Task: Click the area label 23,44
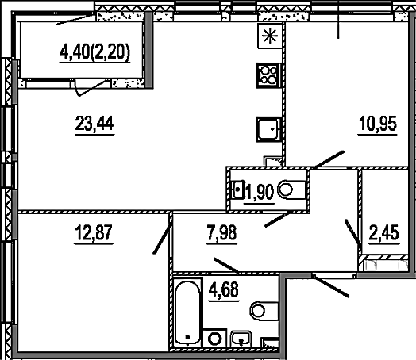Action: pyautogui.click(x=94, y=123)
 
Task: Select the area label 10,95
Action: pyautogui.click(x=378, y=124)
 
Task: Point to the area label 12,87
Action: pyautogui.click(x=94, y=232)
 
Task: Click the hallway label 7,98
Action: pyautogui.click(x=221, y=232)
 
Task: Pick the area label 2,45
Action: pyautogui.click(x=384, y=232)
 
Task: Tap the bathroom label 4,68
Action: pyautogui.click(x=224, y=289)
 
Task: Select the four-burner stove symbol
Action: pyautogui.click(x=268, y=75)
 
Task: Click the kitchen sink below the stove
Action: pyautogui.click(x=269, y=129)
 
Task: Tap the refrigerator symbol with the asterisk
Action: pyautogui.click(x=270, y=36)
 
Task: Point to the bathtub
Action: pyautogui.click(x=187, y=312)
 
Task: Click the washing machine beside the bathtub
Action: pyautogui.click(x=214, y=338)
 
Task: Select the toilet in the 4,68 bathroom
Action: pyautogui.click(x=264, y=311)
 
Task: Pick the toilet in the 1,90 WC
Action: pyautogui.click(x=292, y=190)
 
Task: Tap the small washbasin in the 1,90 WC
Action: pyautogui.click(x=238, y=190)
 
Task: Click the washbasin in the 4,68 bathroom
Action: pyautogui.click(x=241, y=339)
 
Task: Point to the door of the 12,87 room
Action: pyautogui.click(x=162, y=239)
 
